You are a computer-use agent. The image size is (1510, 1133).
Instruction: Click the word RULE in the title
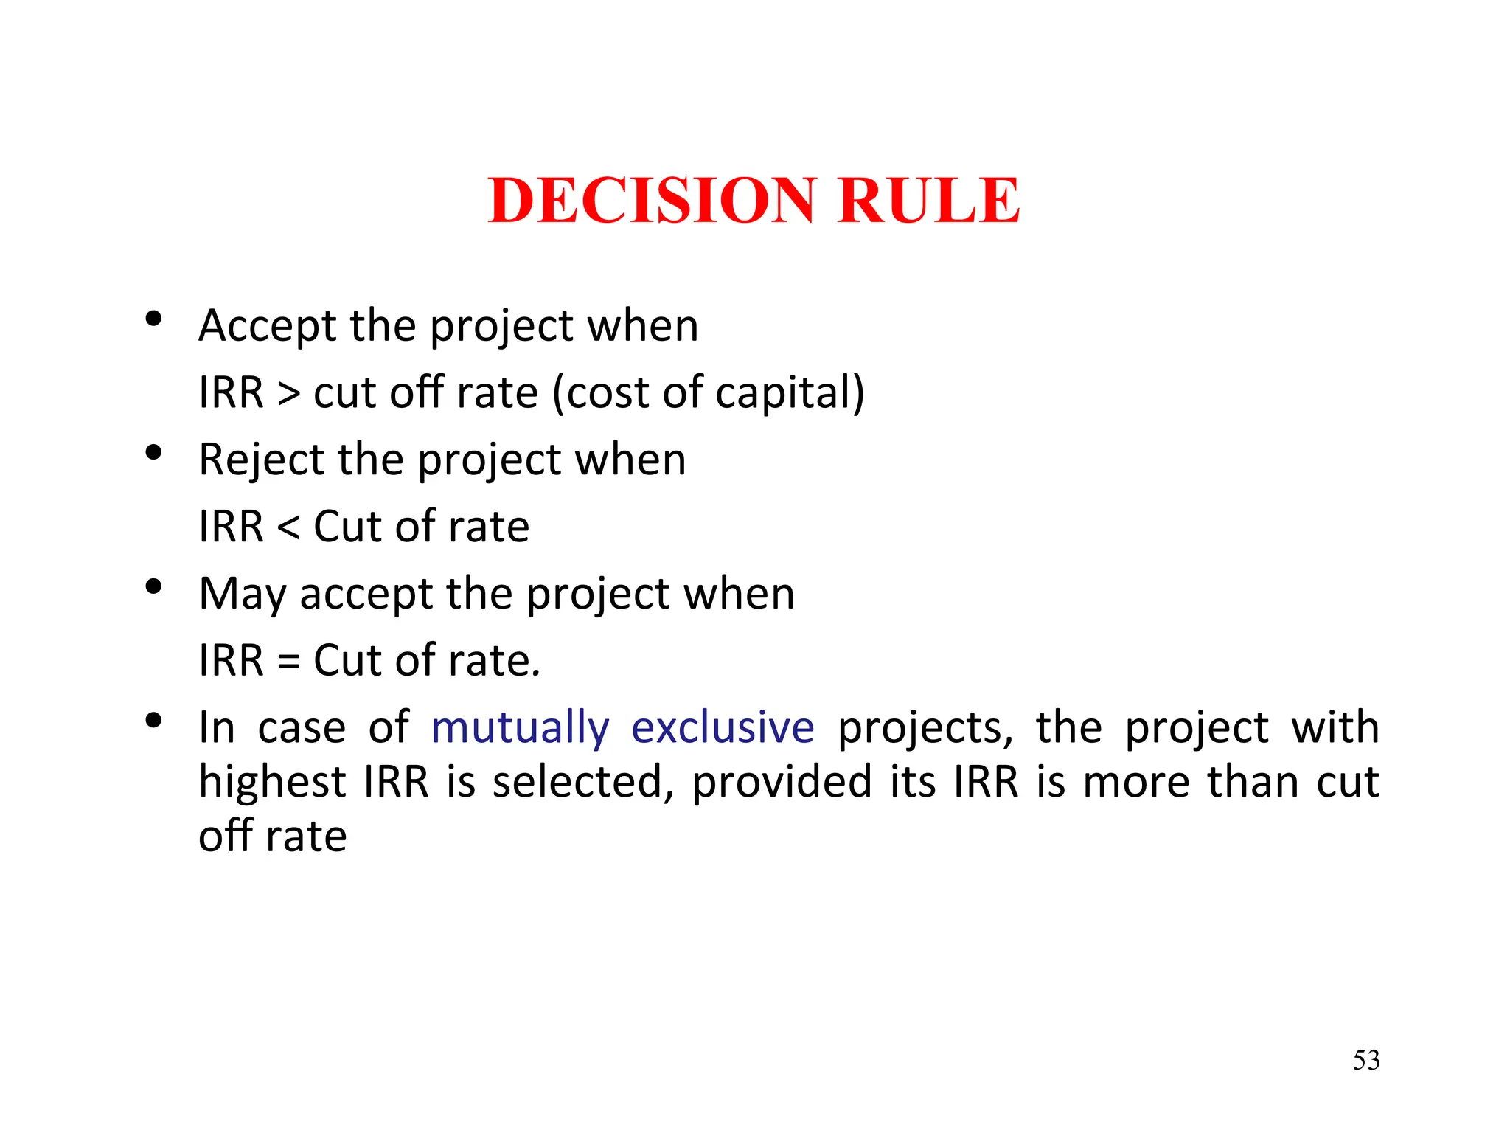tap(929, 201)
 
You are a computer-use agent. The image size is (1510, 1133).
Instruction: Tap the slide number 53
tap(1365, 1060)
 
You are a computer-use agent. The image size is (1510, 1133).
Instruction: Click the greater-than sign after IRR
tap(289, 392)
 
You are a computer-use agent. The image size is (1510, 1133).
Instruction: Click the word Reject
tap(262, 460)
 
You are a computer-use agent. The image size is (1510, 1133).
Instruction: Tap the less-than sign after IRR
tap(289, 527)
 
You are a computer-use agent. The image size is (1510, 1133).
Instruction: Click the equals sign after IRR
tap(289, 660)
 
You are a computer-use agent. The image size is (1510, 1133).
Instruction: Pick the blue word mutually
tap(520, 728)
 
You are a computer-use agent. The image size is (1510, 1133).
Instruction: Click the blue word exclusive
tap(723, 728)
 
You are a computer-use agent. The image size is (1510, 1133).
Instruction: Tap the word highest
tap(272, 782)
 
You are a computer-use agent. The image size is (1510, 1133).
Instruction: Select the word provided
tap(782, 782)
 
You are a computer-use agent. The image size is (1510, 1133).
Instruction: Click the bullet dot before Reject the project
tap(153, 452)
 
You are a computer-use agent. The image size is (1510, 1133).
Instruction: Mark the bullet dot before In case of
tap(153, 721)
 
